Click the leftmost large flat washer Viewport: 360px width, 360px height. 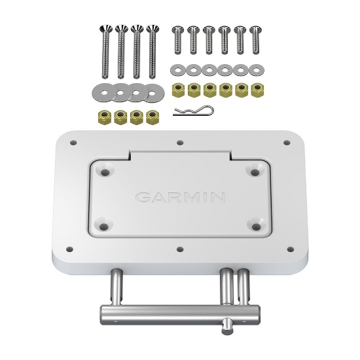click(103, 91)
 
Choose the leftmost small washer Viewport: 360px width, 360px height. click(177, 69)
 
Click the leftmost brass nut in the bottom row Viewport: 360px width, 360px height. click(103, 118)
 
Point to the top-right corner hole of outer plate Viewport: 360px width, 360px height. click(286, 141)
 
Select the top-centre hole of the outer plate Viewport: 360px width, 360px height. click(181, 140)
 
